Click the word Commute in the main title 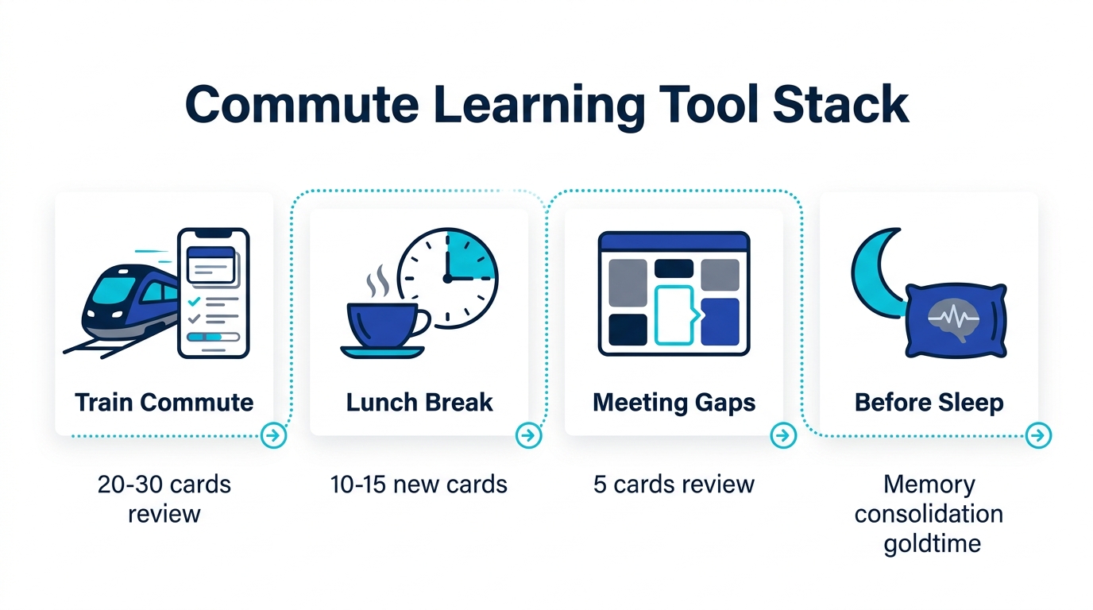[302, 104]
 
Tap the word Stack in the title [840, 104]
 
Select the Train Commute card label [164, 403]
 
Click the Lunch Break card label [419, 403]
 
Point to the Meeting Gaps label [674, 403]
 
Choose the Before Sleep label [929, 403]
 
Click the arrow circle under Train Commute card [273, 435]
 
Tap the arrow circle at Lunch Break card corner [528, 435]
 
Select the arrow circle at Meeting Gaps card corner [783, 435]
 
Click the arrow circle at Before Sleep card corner [1038, 435]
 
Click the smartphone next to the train [214, 293]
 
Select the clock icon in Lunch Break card [448, 278]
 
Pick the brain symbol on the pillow [953, 319]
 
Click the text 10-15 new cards [419, 485]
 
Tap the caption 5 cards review [674, 485]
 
